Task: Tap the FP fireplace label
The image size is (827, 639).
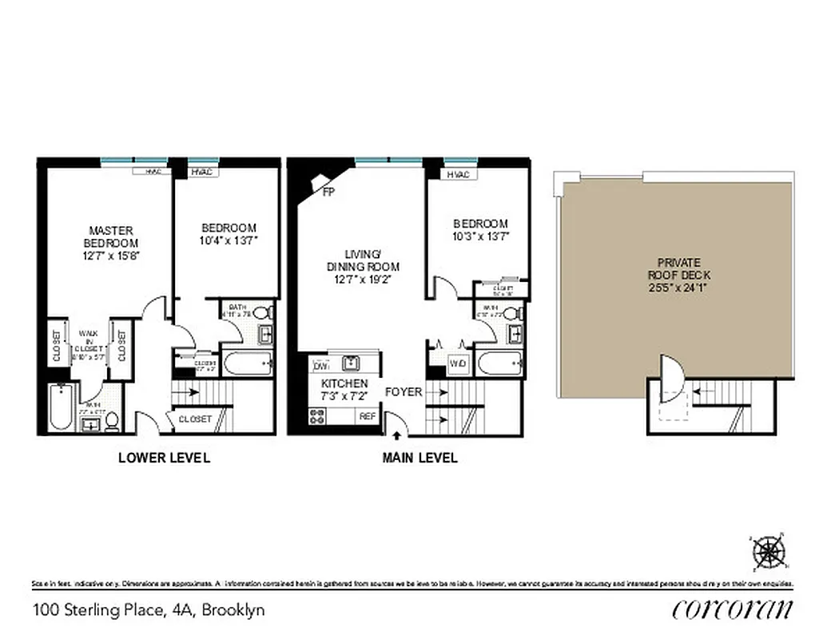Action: [x=328, y=192]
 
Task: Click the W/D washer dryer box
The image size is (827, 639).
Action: [x=457, y=364]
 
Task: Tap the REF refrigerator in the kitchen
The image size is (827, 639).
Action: [x=367, y=416]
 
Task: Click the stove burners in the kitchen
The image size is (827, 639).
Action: [x=317, y=416]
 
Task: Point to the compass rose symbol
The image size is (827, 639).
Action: [x=769, y=551]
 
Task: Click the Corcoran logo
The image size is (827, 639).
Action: [x=733, y=609]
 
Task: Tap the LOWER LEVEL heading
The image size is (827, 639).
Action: [x=164, y=458]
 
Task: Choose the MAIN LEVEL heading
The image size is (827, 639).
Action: [x=419, y=458]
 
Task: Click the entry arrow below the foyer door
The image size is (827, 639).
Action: [x=397, y=435]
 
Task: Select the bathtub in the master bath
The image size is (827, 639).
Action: [x=62, y=408]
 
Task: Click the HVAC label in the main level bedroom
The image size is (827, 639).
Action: [x=458, y=175]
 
